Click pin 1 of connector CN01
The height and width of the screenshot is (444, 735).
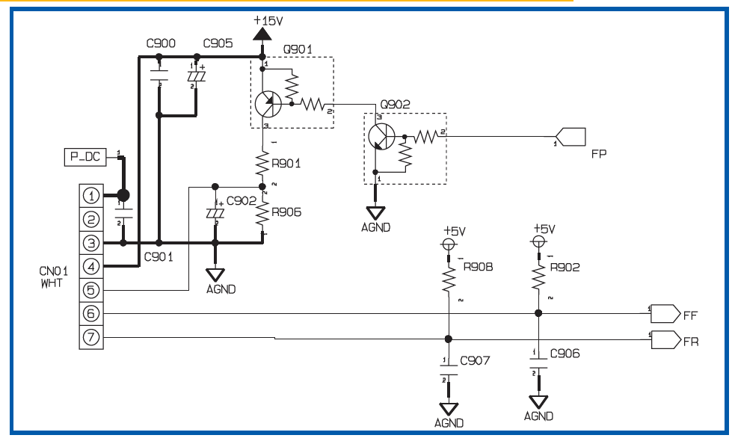[91, 196]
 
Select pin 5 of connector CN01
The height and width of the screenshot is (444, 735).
[91, 290]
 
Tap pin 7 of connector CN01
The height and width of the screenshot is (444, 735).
[91, 337]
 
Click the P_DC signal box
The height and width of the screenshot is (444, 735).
[84, 157]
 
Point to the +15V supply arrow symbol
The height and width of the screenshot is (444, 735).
[262, 34]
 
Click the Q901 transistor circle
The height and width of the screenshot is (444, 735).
[268, 104]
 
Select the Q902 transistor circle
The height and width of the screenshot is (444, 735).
[381, 137]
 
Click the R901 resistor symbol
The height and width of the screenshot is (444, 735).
[262, 163]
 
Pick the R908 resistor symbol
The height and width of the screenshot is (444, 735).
[449, 280]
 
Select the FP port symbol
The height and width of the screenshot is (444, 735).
[571, 137]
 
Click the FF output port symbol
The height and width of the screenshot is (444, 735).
[665, 314]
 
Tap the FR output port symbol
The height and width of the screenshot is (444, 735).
[665, 339]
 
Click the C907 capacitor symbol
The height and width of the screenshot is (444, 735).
[449, 370]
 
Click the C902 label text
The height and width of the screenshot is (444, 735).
[242, 200]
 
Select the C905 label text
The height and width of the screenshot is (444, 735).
[218, 43]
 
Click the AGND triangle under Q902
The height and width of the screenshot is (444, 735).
[375, 213]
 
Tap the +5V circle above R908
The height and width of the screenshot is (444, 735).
[449, 244]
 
